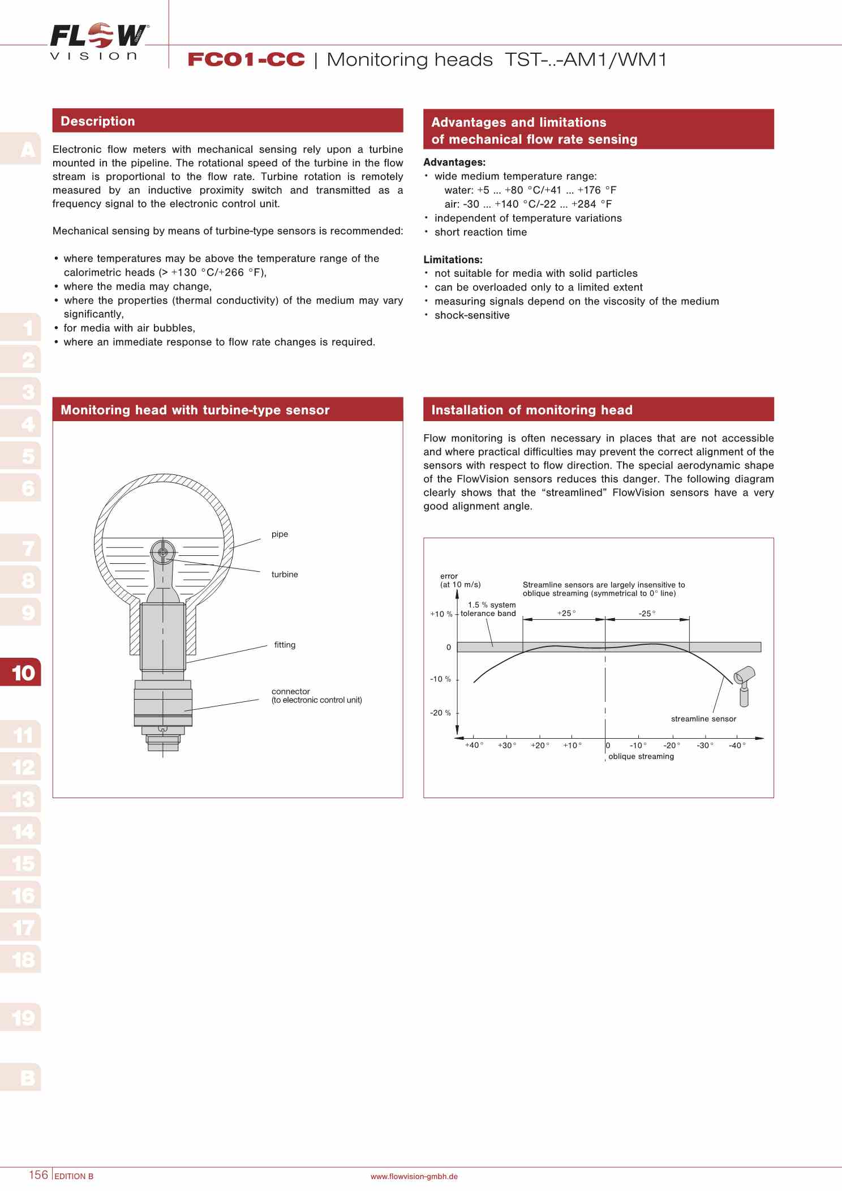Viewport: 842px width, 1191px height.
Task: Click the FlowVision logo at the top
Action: pyautogui.click(x=99, y=41)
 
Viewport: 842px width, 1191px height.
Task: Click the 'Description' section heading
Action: pyautogui.click(x=98, y=121)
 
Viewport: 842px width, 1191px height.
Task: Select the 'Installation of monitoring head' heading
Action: pyautogui.click(x=531, y=410)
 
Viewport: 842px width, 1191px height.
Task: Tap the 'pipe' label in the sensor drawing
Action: pyautogui.click(x=280, y=534)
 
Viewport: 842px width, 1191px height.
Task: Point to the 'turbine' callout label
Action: pyautogui.click(x=284, y=574)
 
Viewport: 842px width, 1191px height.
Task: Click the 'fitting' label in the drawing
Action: pyautogui.click(x=285, y=645)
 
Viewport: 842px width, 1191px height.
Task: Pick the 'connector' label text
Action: pyautogui.click(x=291, y=691)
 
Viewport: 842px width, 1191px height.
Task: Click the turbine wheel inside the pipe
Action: pyautogui.click(x=163, y=552)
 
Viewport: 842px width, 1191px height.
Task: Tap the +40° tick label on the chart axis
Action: pyautogui.click(x=474, y=745)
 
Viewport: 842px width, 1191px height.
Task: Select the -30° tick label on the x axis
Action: pyautogui.click(x=704, y=745)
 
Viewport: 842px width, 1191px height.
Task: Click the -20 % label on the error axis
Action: pyautogui.click(x=440, y=713)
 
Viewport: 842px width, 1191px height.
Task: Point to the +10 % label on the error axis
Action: pyautogui.click(x=441, y=614)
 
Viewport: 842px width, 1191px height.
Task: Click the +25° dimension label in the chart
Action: pyautogui.click(x=566, y=613)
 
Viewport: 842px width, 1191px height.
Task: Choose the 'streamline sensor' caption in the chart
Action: pyautogui.click(x=703, y=719)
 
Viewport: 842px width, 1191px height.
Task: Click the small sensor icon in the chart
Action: pyautogui.click(x=744, y=685)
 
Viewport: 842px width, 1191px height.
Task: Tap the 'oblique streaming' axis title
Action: pyautogui.click(x=641, y=756)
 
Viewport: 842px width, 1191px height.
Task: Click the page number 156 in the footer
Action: pyautogui.click(x=38, y=1175)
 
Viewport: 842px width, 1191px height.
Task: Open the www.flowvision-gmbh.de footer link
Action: pyautogui.click(x=414, y=1176)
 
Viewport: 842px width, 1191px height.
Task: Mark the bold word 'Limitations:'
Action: pyautogui.click(x=453, y=260)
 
